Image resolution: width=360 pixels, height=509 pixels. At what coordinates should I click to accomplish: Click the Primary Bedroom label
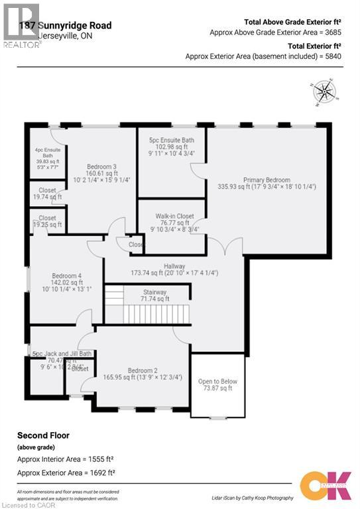(267, 180)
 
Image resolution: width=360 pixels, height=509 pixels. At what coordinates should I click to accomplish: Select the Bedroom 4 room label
(67, 276)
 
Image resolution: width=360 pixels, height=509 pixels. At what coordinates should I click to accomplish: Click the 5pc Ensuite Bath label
(171, 140)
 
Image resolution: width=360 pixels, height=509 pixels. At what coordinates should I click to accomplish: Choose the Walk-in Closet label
(174, 216)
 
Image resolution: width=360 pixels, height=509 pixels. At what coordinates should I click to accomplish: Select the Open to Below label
(217, 382)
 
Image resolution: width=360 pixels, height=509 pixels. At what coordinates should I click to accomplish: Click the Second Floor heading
(43, 435)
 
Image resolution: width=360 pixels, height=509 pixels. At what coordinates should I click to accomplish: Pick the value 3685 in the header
(330, 32)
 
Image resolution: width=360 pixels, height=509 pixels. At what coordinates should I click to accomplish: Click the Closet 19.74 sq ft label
(47, 193)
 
